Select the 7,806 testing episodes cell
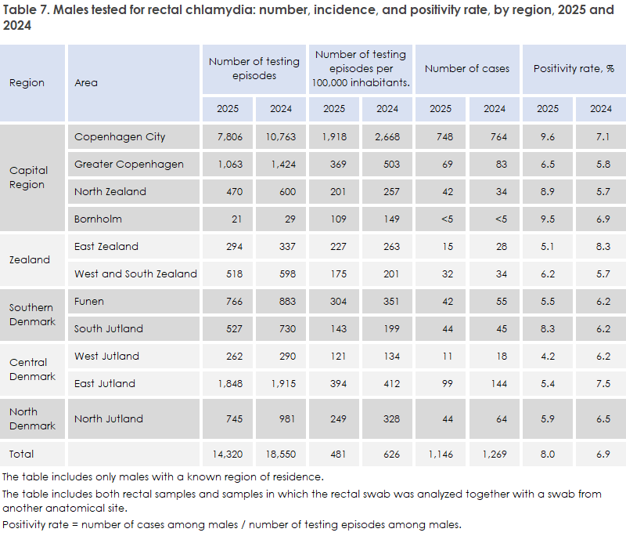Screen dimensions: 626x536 pyautogui.click(x=229, y=136)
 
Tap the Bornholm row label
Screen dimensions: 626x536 pyautogui.click(x=98, y=219)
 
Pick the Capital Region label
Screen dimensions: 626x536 pyautogui.click(x=28, y=177)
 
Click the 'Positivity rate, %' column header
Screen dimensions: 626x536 pyautogui.click(x=574, y=69)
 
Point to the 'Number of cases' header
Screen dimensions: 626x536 pyautogui.click(x=467, y=69)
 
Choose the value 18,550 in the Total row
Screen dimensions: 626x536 pyautogui.click(x=281, y=454)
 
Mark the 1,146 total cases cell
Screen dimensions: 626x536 pyautogui.click(x=441, y=454)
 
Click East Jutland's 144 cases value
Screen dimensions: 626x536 pyautogui.click(x=499, y=384)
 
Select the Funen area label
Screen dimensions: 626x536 pyautogui.click(x=89, y=302)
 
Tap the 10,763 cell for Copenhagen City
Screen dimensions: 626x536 pyautogui.click(x=281, y=136)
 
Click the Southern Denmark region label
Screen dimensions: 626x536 pyautogui.click(x=32, y=314)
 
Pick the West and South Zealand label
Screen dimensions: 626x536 pyautogui.click(x=135, y=273)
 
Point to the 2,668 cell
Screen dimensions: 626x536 pyautogui.click(x=387, y=136)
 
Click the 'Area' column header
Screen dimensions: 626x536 pyautogui.click(x=86, y=83)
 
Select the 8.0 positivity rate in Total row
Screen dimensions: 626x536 pyautogui.click(x=548, y=454)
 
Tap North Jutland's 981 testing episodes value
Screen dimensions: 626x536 pyautogui.click(x=287, y=419)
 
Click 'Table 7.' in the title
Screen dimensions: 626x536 pyautogui.click(x=27, y=9)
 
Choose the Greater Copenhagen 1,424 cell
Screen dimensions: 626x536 pyautogui.click(x=283, y=165)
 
